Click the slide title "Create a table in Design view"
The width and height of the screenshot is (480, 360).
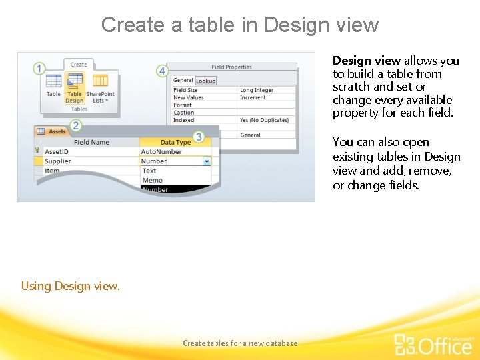[240, 25]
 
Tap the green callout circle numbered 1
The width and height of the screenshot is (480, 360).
[39, 69]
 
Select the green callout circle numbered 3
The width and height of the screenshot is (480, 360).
[198, 137]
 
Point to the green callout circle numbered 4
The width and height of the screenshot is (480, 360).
[162, 71]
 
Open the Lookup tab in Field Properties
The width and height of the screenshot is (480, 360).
[205, 81]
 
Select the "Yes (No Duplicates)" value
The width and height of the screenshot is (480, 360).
[265, 120]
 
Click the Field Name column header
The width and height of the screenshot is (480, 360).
[91, 142]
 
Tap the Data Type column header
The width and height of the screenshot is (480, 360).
[175, 142]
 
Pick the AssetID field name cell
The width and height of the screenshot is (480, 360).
[57, 151]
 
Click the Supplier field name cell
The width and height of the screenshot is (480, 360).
[57, 161]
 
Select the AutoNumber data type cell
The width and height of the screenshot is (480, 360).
[161, 151]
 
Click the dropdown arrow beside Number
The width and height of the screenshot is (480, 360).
[207, 161]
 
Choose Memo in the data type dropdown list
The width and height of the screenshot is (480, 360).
[152, 180]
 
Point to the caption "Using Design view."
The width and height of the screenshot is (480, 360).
[71, 286]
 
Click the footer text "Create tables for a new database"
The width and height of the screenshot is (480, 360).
[240, 343]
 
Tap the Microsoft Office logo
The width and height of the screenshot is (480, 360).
[433, 343]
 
